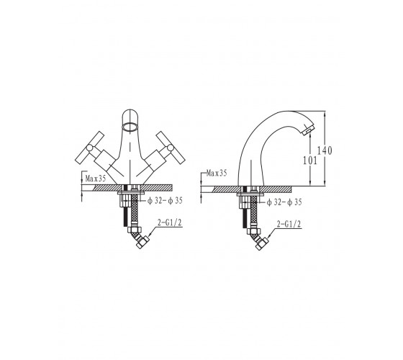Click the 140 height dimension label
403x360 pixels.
[x=325, y=150]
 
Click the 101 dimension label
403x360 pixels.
[x=310, y=161]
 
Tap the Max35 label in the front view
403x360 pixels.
[x=95, y=179]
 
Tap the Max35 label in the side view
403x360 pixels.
[x=217, y=173]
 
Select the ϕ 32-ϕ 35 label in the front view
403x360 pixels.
[x=165, y=201]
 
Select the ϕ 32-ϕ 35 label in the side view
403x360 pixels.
[x=284, y=202]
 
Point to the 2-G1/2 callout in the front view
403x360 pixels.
[x=169, y=223]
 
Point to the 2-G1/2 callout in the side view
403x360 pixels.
[x=289, y=225]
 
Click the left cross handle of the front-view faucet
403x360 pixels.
[x=90, y=148]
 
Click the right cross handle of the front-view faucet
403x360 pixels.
[x=171, y=148]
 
